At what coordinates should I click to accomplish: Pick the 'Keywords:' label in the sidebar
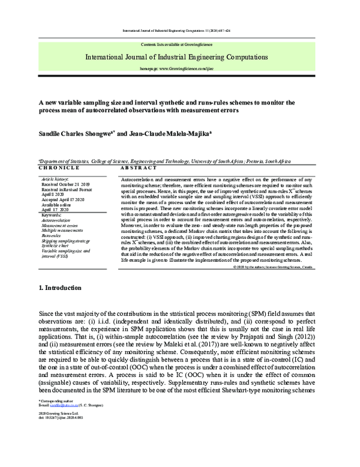tap(54, 214)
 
